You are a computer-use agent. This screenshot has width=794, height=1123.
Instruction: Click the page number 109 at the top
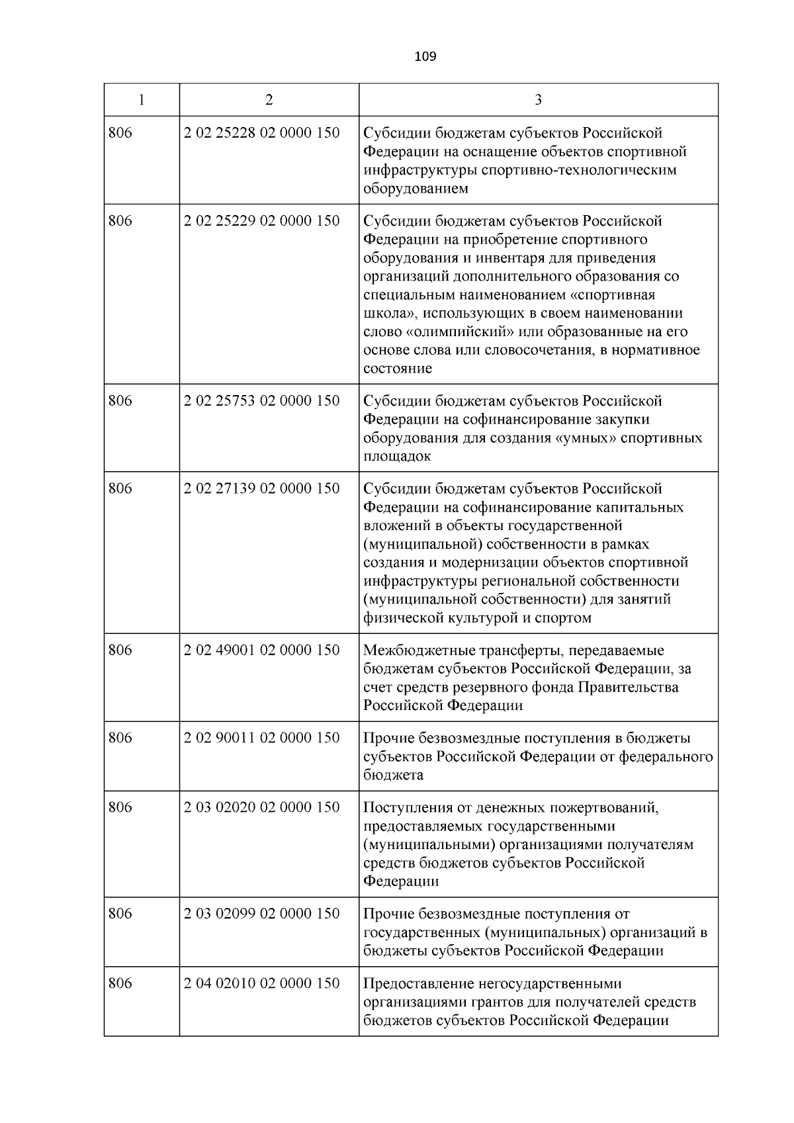click(x=425, y=57)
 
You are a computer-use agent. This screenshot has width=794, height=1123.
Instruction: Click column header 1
click(x=142, y=100)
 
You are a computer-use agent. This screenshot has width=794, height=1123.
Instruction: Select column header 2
click(x=269, y=100)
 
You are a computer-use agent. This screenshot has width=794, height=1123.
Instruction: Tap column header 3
click(x=538, y=100)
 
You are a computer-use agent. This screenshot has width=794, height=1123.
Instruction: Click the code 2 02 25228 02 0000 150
click(x=261, y=133)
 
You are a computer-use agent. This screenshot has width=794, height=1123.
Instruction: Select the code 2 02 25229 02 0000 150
click(x=261, y=221)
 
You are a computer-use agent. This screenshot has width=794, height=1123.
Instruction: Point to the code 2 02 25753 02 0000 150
click(x=261, y=401)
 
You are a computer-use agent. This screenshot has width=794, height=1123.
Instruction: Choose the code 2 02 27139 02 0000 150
click(x=261, y=488)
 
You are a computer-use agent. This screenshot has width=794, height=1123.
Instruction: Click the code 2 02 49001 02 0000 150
click(x=261, y=651)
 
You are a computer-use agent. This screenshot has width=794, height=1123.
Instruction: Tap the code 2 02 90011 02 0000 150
click(x=261, y=738)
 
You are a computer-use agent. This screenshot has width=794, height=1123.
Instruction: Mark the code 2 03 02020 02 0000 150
click(x=261, y=807)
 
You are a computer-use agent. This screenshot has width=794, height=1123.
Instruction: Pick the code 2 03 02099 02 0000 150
click(x=261, y=914)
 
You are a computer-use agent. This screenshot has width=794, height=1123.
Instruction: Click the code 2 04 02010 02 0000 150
click(x=261, y=983)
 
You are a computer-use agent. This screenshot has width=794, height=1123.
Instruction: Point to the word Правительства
click(x=628, y=688)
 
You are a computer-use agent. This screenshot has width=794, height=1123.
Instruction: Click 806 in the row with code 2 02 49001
click(x=120, y=651)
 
